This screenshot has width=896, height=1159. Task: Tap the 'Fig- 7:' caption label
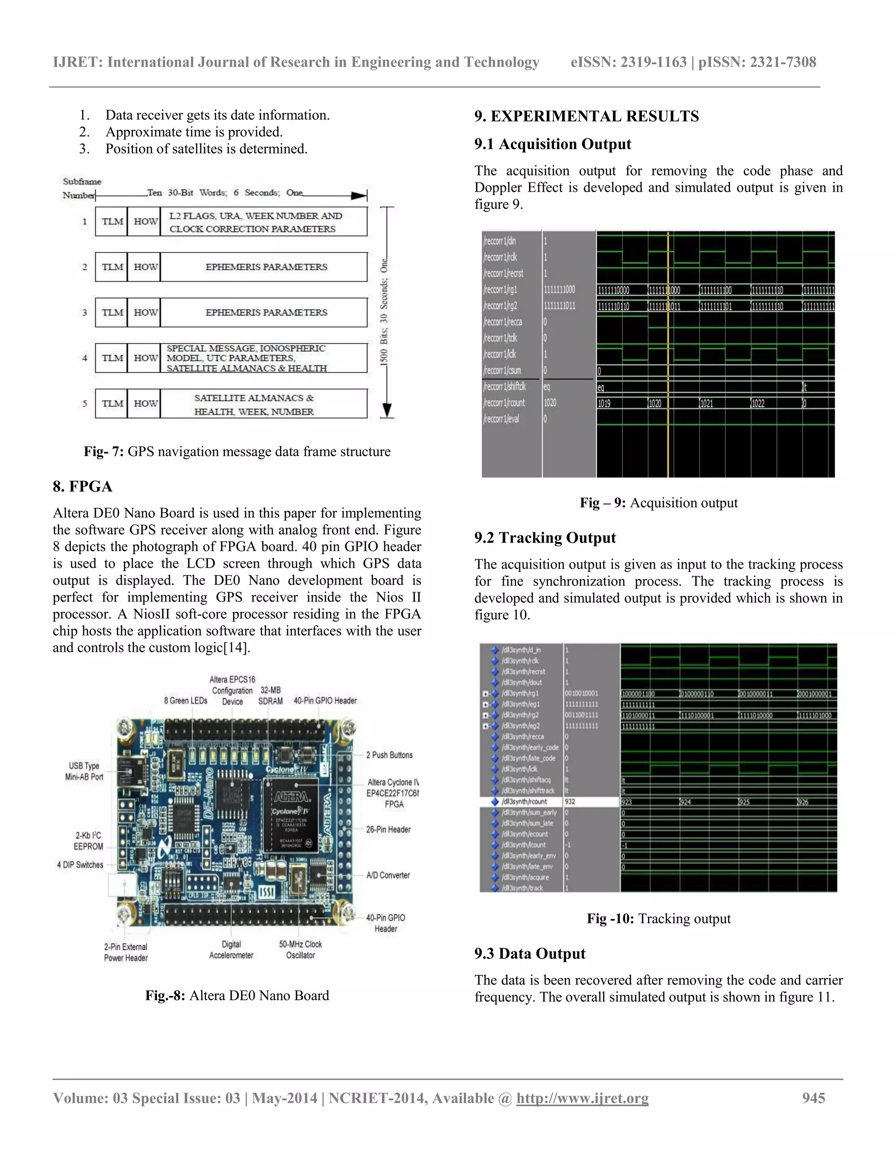104,452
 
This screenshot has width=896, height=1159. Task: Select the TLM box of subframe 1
112,221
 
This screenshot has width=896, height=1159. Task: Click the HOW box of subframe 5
144,404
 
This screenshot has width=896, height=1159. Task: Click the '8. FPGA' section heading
82,487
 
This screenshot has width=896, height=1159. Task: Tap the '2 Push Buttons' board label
388,755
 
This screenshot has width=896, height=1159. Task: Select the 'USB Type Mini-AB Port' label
84,771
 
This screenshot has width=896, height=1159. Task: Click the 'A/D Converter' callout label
388,876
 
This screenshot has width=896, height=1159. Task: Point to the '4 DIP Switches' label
80,865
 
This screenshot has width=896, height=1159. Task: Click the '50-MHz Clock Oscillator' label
301,950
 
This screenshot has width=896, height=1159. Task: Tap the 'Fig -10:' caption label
610,918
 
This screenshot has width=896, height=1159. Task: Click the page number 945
813,1098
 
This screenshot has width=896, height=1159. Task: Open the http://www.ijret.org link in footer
582,1098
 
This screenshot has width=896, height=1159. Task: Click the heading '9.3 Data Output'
529,953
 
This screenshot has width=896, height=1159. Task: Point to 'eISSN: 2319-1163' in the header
628,62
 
